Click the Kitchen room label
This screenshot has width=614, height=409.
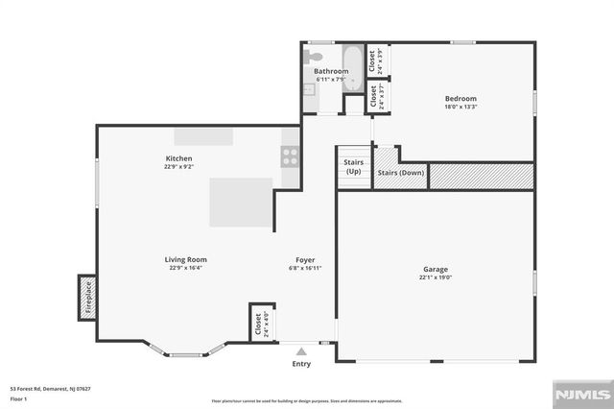click(179, 158)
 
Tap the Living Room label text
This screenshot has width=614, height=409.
click(188, 259)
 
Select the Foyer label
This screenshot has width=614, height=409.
click(305, 259)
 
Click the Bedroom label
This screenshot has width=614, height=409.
click(460, 98)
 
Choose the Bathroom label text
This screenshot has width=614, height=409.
click(331, 71)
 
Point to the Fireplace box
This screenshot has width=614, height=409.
click(86, 298)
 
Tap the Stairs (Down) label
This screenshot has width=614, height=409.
click(400, 173)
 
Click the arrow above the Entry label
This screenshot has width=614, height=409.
click(301, 351)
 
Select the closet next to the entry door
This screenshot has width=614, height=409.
click(258, 324)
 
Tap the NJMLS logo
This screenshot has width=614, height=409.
click(580, 395)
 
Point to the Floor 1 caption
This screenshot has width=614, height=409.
click(18, 397)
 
